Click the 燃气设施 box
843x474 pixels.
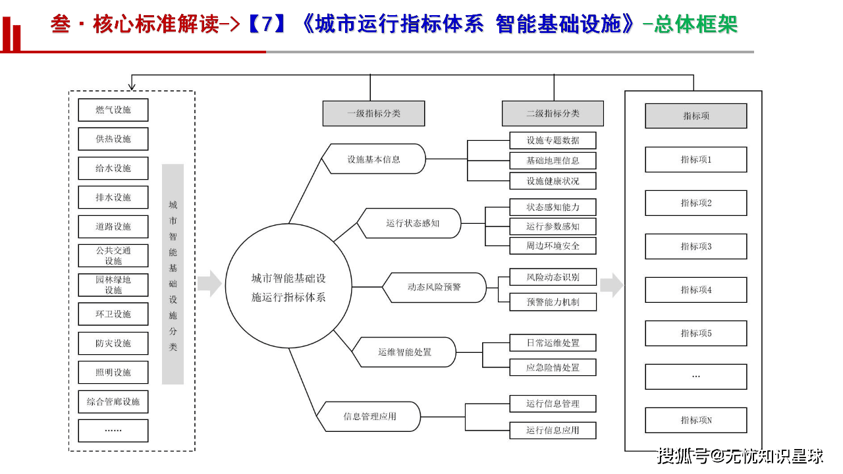(x=113, y=110)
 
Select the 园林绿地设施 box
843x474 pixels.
(x=113, y=284)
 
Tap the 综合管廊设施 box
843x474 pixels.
(x=113, y=402)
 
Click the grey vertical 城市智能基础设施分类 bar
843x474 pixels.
(x=173, y=274)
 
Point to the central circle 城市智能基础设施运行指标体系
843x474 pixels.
(x=288, y=288)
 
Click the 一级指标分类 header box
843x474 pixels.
(x=373, y=113)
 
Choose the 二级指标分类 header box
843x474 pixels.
(x=553, y=113)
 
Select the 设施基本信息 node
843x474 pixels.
(x=373, y=159)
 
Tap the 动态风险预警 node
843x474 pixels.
(x=434, y=287)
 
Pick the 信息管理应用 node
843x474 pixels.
(x=369, y=416)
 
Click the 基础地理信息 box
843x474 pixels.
(x=553, y=161)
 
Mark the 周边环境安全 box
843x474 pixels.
(x=553, y=246)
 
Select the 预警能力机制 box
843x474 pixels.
(x=553, y=302)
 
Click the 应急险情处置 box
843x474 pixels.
(x=553, y=367)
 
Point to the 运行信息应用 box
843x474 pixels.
(x=553, y=430)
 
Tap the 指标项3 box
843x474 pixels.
(x=695, y=246)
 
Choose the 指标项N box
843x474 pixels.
(x=695, y=420)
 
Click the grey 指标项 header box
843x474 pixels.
(x=695, y=116)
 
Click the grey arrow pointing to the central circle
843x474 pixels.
(x=209, y=284)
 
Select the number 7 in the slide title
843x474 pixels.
(x=267, y=24)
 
